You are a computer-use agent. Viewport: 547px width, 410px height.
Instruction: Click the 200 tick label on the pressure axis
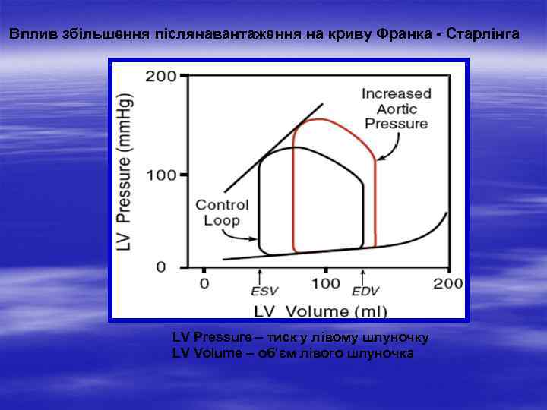tap(162, 77)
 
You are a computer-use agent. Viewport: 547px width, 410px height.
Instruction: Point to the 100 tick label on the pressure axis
tap(162, 175)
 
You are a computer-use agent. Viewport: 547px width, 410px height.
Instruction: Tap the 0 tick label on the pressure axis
tap(162, 267)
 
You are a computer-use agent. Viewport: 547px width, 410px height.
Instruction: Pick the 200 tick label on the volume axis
tap(448, 284)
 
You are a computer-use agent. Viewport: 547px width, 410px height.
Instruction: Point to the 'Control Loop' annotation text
tap(218, 213)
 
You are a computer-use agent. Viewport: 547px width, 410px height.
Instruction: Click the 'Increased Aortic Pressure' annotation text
tap(396, 109)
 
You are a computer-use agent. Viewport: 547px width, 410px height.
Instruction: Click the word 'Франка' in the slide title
tap(403, 35)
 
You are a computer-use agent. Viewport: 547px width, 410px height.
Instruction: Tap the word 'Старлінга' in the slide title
tap(478, 35)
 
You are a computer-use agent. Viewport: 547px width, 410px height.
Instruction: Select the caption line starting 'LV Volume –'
tap(293, 353)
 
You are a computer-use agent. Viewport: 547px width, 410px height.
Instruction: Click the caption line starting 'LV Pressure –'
tap(302, 336)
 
